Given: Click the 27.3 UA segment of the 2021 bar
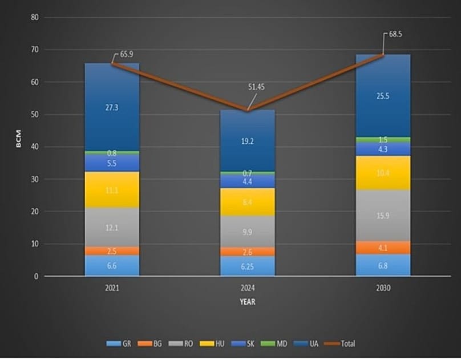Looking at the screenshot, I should [x=112, y=107].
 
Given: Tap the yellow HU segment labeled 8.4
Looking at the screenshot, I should [x=247, y=201].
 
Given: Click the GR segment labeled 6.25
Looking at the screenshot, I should [x=247, y=266].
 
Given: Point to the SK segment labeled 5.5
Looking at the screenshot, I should [x=112, y=163].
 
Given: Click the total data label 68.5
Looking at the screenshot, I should [x=396, y=34].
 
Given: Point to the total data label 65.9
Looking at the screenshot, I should [x=127, y=54].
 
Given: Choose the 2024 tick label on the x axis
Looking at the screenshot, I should [x=247, y=288].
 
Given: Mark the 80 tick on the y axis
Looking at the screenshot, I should [x=35, y=17].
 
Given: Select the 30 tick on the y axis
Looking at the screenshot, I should [x=35, y=179].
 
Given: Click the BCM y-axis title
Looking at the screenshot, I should [x=18, y=142].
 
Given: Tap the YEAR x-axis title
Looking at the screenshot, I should [x=247, y=302].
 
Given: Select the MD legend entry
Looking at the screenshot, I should [x=278, y=343].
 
